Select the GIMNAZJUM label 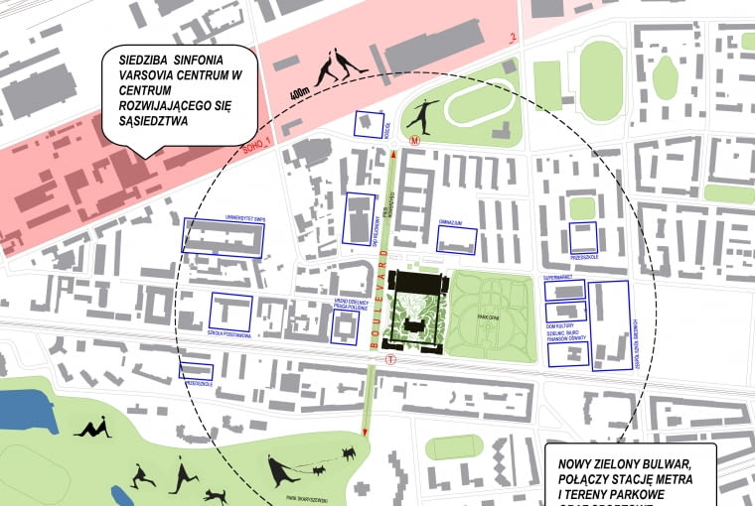[x=455, y=224]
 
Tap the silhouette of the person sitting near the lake [x=94, y=429]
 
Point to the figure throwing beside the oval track [x=422, y=111]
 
